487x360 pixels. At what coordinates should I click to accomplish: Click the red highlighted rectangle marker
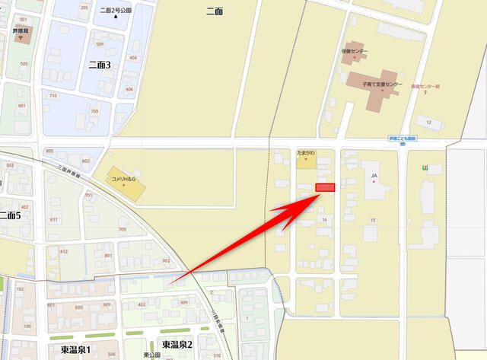326,188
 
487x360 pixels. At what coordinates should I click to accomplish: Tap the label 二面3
100,65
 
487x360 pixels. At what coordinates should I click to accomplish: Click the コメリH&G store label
123,179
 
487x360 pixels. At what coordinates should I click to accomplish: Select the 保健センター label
355,51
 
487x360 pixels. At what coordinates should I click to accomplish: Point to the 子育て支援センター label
382,84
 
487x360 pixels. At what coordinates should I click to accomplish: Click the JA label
374,176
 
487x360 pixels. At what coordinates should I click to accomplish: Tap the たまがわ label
306,155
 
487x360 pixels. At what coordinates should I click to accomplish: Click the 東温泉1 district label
76,349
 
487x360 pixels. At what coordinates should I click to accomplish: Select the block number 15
373,221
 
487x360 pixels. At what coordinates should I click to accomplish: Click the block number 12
429,122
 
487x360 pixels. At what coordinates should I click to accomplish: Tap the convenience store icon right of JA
426,167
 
